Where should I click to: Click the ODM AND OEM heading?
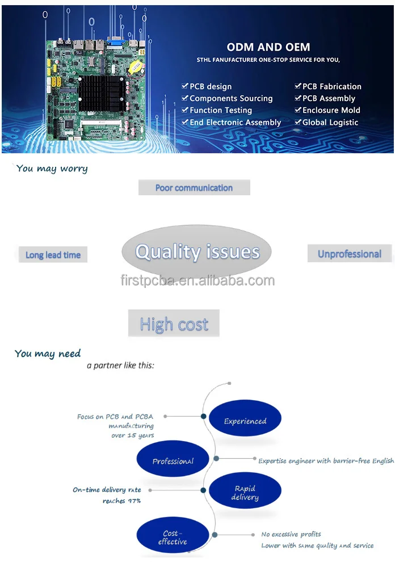268,47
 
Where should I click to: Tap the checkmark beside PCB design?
185,86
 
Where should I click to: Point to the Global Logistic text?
330,122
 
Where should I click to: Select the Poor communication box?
194,187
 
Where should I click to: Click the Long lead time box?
53,255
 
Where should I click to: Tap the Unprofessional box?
349,254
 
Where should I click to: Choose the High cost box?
174,324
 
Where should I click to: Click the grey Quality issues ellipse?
196,251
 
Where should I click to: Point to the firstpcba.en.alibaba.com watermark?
197,280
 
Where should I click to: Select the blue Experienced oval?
245,421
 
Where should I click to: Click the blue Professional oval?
173,461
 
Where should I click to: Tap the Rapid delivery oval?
245,492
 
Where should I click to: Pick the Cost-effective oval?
173,537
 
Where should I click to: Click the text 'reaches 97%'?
122,501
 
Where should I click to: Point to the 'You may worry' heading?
52,169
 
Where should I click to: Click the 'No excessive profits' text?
291,534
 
